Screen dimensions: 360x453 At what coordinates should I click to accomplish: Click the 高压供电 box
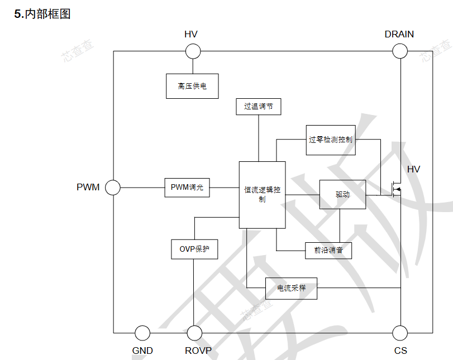pos(192,86)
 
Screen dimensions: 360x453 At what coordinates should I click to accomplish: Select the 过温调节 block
pos(258,106)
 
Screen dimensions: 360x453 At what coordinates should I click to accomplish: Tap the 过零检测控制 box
pos(331,140)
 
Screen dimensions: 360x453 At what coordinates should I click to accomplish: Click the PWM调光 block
pos(187,188)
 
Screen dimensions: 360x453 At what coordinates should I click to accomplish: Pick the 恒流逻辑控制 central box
pos(262,195)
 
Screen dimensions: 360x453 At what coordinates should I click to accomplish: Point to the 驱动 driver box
pos(342,194)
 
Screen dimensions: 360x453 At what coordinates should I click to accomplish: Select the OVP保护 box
pos(194,249)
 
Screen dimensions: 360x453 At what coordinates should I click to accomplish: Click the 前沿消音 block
pos(328,251)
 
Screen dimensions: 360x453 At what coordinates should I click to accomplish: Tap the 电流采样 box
pos(291,288)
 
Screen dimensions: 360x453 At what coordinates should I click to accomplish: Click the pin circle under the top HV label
pos(193,51)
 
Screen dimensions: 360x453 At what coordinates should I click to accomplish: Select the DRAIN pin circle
pos(400,51)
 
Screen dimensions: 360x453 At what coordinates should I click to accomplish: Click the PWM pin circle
pos(113,188)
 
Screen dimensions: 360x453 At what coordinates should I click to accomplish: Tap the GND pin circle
pos(142,333)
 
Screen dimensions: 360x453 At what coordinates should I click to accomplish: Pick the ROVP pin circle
pos(194,333)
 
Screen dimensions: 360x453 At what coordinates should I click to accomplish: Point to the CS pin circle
pos(400,333)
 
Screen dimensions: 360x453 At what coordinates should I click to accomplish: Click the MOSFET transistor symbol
pos(395,190)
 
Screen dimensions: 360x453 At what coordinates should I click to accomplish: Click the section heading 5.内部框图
pos(42,15)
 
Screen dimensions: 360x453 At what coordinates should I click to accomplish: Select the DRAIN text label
pos(399,34)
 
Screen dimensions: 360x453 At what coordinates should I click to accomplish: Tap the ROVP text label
pos(198,351)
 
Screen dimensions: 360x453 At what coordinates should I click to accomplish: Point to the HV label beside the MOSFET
pos(413,170)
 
